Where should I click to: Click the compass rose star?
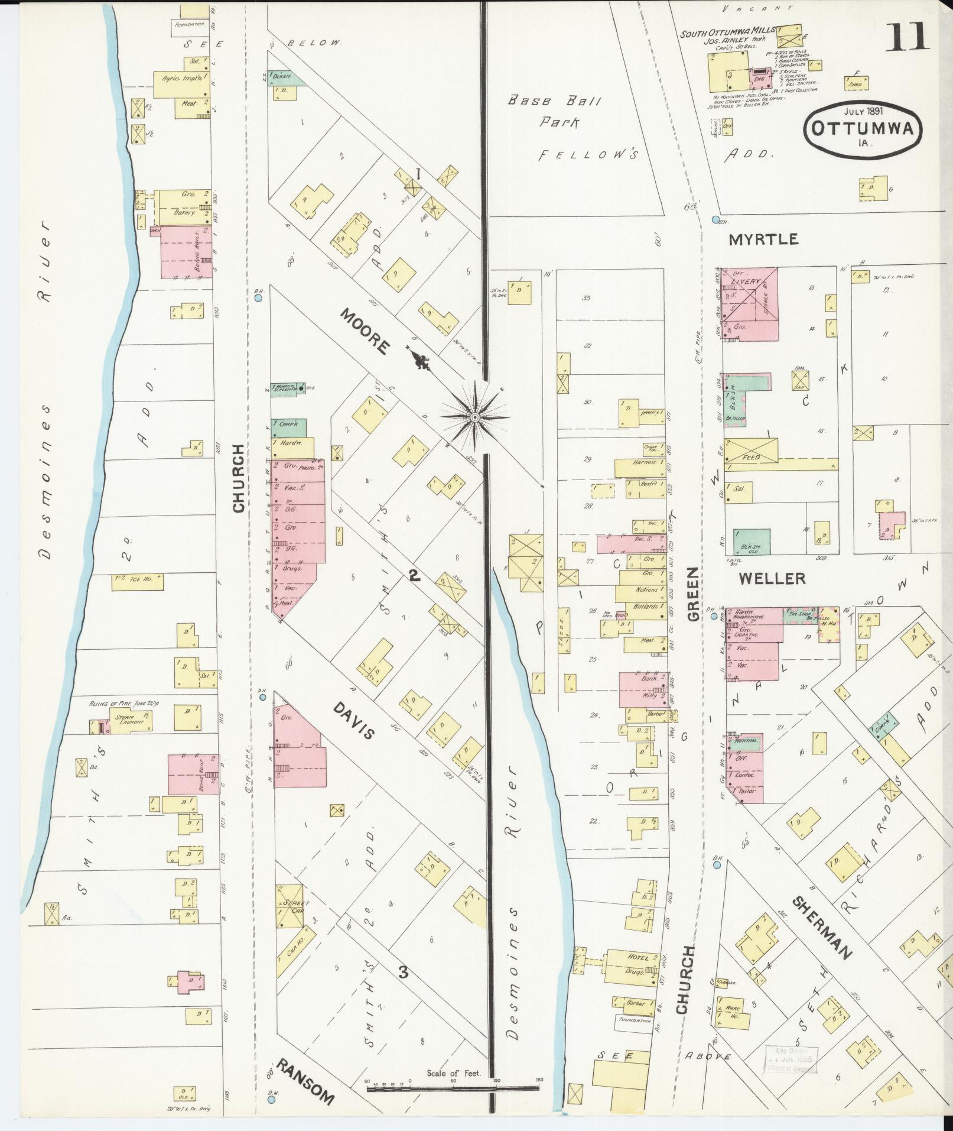[474, 417]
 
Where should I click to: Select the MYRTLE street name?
[763, 239]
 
